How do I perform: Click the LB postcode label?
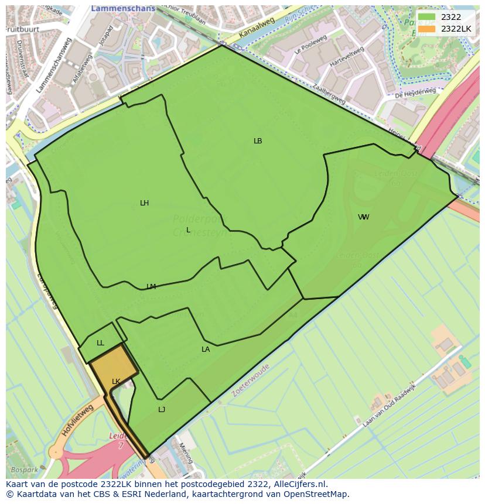pos(258,141)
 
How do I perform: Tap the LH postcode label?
pos(144,203)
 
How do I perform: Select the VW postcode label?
pos(363,217)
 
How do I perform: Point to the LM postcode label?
pos(151,287)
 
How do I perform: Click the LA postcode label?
pos(206,349)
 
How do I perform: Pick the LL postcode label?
pos(100,343)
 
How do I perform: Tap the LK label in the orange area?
pos(116,382)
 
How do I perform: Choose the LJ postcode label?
pos(162,410)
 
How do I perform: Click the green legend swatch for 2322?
pos(427,17)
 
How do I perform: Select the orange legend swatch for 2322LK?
pos(427,28)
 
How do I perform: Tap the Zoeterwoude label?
pos(250,380)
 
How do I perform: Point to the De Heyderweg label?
pos(415,93)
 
